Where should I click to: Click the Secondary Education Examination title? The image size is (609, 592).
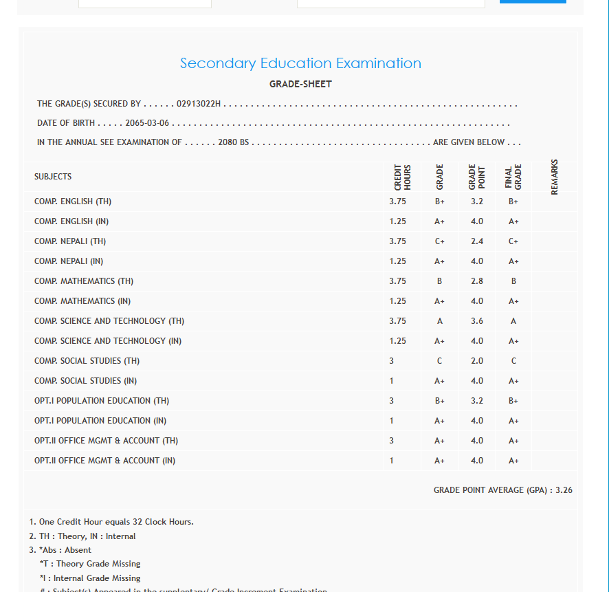pos(300,63)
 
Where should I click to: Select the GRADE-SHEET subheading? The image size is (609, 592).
pos(300,85)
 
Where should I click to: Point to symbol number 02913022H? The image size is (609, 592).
pos(199,104)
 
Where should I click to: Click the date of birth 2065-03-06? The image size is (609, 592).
pos(147,123)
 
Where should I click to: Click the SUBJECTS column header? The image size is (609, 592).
pos(53,177)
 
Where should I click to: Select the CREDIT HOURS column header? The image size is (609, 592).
pos(403,177)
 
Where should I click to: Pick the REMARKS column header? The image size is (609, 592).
pos(555,177)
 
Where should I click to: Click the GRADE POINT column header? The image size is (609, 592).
pos(476,177)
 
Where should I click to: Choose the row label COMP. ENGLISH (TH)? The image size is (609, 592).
pos(73,202)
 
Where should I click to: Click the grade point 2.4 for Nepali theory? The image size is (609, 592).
pos(477,242)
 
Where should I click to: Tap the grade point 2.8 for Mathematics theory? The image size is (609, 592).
pos(477,282)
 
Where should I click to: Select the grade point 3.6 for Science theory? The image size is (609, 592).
pos(477,322)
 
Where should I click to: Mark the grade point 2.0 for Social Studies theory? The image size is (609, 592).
pos(477,362)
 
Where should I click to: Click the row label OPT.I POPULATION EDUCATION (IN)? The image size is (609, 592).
pos(100,421)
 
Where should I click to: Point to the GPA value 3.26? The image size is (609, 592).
pos(564,490)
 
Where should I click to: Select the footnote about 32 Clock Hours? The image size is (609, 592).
pos(111,522)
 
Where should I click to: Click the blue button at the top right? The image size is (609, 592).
pos(533,2)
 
